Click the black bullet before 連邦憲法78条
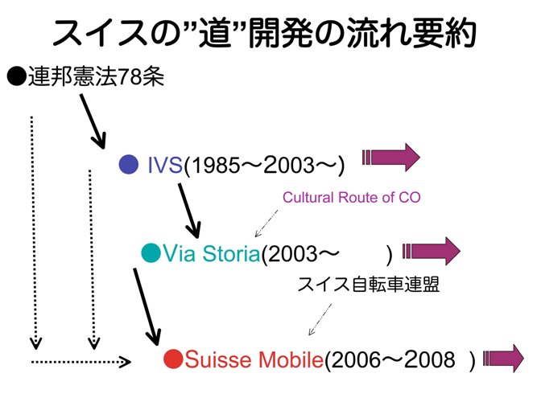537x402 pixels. tap(17, 76)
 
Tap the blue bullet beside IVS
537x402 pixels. tap(129, 164)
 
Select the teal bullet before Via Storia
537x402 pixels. tap(151, 252)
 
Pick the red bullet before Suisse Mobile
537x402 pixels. tap(173, 359)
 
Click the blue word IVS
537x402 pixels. tap(165, 165)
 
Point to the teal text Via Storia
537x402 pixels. tap(211, 253)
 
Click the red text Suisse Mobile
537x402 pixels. tap(254, 359)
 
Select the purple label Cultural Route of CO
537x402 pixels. tap(351, 198)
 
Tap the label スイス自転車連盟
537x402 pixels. tap(368, 285)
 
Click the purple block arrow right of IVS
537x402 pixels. tap(391, 158)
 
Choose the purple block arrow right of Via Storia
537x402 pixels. tap(432, 251)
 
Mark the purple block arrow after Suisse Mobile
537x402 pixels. tap(503, 359)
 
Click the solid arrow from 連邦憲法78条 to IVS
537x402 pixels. tap(93, 121)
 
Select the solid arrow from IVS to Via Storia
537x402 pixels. tap(188, 211)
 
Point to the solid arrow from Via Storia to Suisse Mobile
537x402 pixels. tap(147, 307)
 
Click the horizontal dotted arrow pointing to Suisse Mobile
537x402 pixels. tap(81, 362)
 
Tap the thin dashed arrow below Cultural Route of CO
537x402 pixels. tap(266, 223)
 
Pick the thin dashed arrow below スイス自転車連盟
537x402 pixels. tap(320, 319)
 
